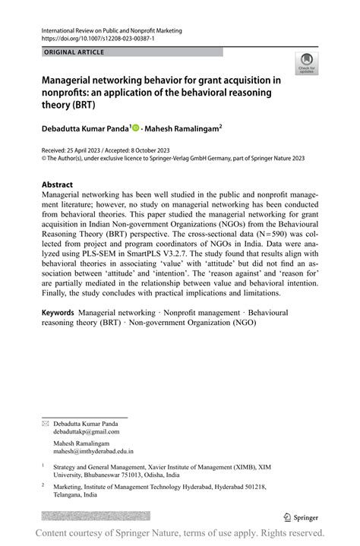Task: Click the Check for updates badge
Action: (307, 62)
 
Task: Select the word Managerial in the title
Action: (74, 80)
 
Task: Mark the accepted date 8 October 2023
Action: (153, 151)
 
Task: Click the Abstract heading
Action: (58, 185)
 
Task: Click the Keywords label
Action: (58, 312)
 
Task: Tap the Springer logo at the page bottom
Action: (303, 517)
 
